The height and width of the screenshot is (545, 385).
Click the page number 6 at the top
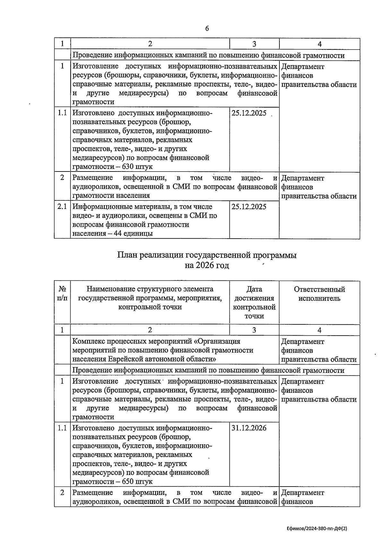(x=207, y=29)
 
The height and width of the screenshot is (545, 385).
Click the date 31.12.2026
(x=249, y=428)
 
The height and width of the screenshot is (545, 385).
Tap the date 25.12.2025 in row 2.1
(x=249, y=207)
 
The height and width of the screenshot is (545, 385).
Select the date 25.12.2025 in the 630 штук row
(x=249, y=113)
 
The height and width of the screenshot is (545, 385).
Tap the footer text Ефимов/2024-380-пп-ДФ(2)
(x=317, y=528)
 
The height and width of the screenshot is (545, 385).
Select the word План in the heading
(x=127, y=255)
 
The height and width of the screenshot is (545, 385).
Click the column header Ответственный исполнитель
(x=319, y=294)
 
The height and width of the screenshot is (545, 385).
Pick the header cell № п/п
(x=62, y=294)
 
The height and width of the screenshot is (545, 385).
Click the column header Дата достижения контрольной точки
(x=254, y=303)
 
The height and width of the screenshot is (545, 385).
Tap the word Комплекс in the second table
(x=88, y=341)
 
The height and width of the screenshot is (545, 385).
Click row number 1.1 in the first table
(x=62, y=113)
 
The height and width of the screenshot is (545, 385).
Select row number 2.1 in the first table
(x=62, y=207)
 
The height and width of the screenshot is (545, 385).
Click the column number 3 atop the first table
(x=254, y=44)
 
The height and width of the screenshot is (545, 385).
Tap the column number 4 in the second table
(x=319, y=330)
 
